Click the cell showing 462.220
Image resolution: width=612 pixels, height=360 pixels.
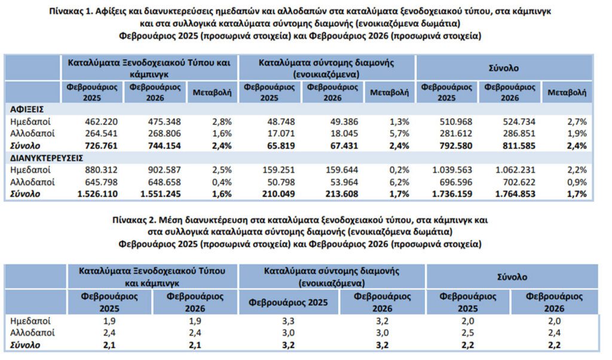(99, 121)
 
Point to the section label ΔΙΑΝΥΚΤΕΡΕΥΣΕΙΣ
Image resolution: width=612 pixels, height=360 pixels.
(45, 157)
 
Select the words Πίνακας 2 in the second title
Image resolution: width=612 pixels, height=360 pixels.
(137, 220)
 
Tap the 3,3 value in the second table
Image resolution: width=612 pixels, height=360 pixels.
(289, 321)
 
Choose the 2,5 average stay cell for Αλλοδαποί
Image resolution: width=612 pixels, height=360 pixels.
(468, 333)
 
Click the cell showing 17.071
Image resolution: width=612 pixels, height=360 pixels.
(279, 133)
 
